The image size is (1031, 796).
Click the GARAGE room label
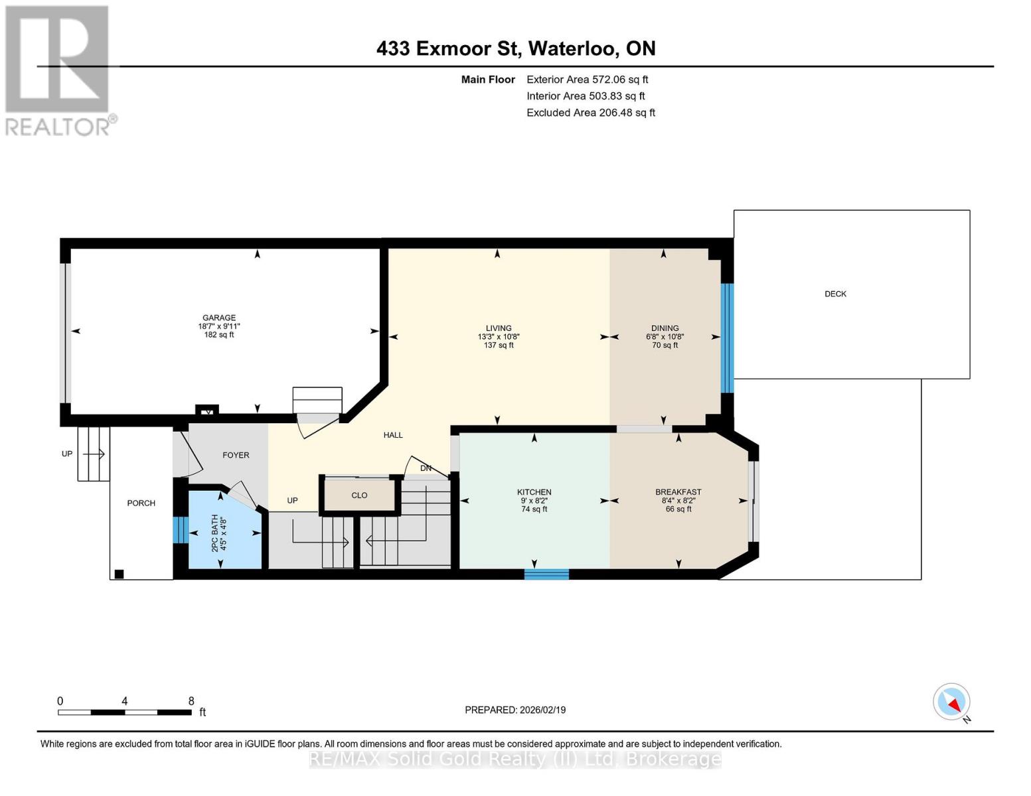[218, 317]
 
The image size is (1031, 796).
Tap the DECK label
[835, 293]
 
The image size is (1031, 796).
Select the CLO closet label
[359, 495]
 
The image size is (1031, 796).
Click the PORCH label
[141, 503]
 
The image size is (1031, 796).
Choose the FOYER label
[236, 454]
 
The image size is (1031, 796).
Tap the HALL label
[393, 434]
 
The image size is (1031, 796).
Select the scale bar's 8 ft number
[191, 700]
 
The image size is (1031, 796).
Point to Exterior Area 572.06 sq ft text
[587, 80]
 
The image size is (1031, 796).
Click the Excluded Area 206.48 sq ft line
[591, 112]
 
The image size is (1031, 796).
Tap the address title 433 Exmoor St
[447, 48]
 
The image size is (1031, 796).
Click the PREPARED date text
[515, 710]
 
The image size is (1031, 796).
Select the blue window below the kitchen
[546, 574]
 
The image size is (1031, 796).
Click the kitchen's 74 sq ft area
[534, 509]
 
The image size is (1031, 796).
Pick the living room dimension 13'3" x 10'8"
[498, 336]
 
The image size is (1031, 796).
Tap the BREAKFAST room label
[678, 492]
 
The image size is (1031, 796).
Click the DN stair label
[426, 468]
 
